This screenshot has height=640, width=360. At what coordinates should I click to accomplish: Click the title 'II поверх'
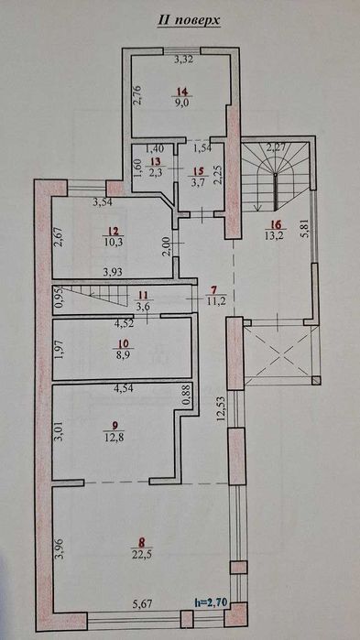tap(189, 21)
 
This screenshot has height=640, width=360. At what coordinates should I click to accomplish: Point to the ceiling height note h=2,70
tap(211, 602)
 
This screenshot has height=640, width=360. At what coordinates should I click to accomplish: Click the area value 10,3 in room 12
tap(113, 241)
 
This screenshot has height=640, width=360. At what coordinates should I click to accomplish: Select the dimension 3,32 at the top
tap(184, 60)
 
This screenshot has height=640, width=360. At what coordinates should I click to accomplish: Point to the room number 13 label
tap(155, 160)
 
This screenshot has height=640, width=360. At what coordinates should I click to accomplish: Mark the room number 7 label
tap(213, 290)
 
